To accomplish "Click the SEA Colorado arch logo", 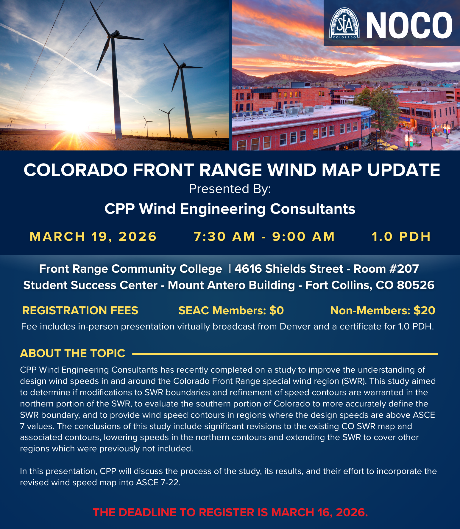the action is pyautogui.click(x=344, y=23).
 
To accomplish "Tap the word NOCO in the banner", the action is pyautogui.click(x=409, y=26).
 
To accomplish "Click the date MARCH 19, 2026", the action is pyautogui.click(x=93, y=237).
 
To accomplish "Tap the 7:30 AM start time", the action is pyautogui.click(x=224, y=237).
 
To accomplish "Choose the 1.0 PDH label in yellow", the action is pyautogui.click(x=401, y=237).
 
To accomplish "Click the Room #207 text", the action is pyautogui.click(x=386, y=269).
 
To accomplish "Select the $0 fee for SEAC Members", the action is pyautogui.click(x=277, y=310).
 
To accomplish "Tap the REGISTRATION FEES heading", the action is pyautogui.click(x=80, y=310).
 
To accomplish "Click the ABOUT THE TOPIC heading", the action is pyautogui.click(x=73, y=353).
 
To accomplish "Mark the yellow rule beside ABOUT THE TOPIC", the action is pyautogui.click(x=285, y=354).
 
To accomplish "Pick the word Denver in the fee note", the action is pyautogui.click(x=295, y=326).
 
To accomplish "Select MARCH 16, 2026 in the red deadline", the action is pyautogui.click(x=319, y=512).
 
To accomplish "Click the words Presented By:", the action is pyautogui.click(x=230, y=189).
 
